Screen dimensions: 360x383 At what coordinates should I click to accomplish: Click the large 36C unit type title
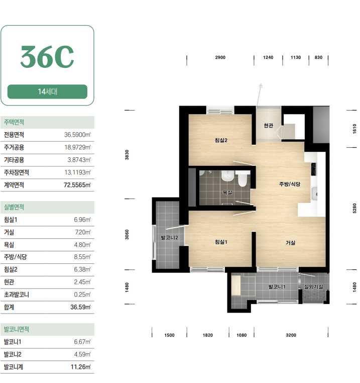[47, 57]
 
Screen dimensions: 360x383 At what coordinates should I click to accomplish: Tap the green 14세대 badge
[47, 91]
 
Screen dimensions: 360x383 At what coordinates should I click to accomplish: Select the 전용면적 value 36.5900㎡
[77, 135]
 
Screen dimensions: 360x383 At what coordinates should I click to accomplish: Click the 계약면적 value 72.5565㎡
[77, 185]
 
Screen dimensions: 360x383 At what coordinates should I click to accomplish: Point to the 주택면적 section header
[14, 122]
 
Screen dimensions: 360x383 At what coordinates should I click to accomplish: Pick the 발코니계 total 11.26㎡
[80, 367]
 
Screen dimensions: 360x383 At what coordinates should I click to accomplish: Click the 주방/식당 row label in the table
[15, 257]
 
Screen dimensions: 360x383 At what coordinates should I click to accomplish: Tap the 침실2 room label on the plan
[221, 140]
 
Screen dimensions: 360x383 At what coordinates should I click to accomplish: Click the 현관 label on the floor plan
[269, 125]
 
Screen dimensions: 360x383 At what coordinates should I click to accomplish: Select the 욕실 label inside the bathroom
[227, 192]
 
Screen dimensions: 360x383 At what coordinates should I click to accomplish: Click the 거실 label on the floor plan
[290, 243]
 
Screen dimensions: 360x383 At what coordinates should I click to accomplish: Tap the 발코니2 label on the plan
[169, 237]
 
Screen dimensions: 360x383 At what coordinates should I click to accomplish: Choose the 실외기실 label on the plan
[314, 286]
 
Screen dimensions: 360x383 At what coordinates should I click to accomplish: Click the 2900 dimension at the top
[220, 57]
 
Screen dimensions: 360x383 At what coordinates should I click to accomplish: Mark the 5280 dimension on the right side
[354, 208]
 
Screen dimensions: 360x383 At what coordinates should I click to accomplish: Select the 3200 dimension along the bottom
[291, 335]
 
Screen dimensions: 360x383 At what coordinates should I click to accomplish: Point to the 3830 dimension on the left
[127, 155]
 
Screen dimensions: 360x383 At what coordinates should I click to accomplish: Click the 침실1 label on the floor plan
[221, 242]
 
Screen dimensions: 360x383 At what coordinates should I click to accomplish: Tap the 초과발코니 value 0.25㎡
[82, 295]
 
